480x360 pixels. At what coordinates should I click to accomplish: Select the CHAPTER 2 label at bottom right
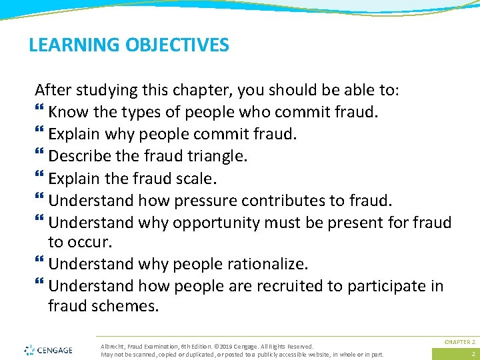pyautogui.click(x=460, y=341)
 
